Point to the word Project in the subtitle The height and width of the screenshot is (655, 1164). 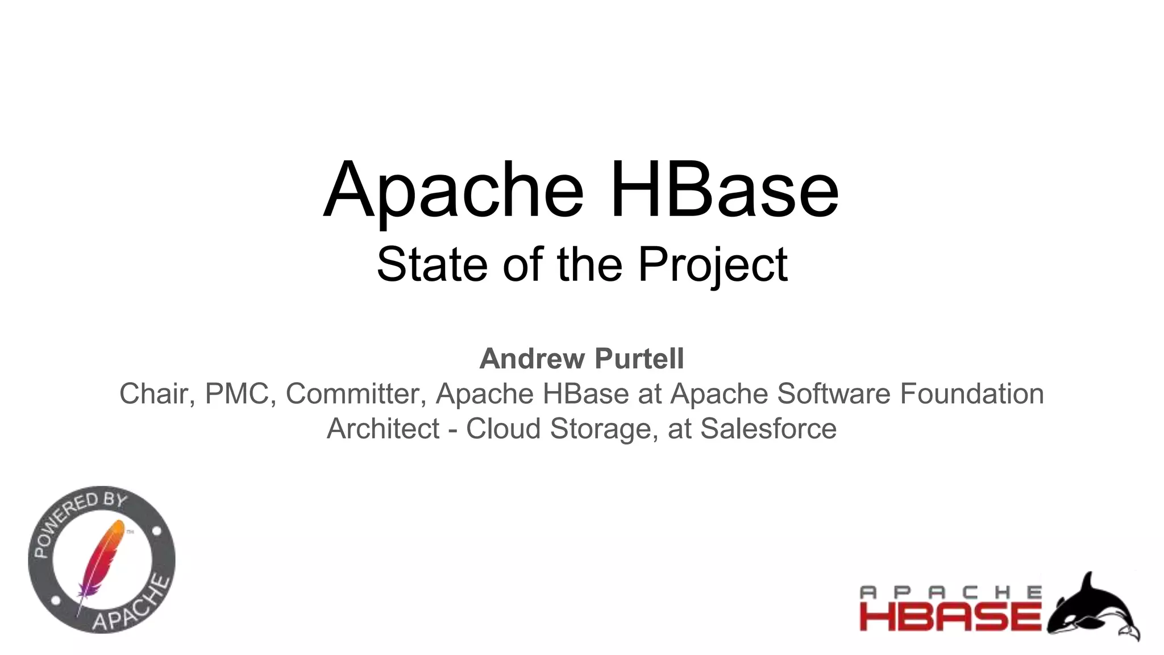click(713, 266)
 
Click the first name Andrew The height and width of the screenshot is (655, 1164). click(532, 359)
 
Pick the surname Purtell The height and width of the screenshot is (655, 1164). click(639, 359)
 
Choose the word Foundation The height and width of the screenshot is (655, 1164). click(972, 394)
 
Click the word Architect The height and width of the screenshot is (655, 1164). click(383, 429)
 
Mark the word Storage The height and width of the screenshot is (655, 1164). click(604, 429)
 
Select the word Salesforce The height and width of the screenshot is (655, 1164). click(768, 429)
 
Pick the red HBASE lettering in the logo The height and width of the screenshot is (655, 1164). click(950, 616)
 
